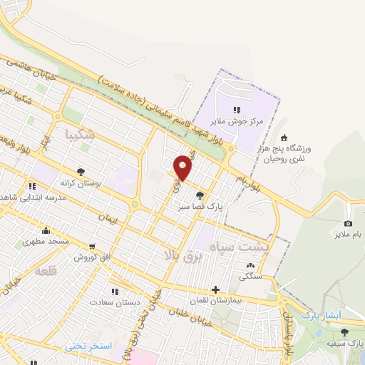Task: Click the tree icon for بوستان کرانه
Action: [x=81, y=172]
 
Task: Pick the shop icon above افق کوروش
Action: [x=78, y=255]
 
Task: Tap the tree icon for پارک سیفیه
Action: [x=344, y=332]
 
